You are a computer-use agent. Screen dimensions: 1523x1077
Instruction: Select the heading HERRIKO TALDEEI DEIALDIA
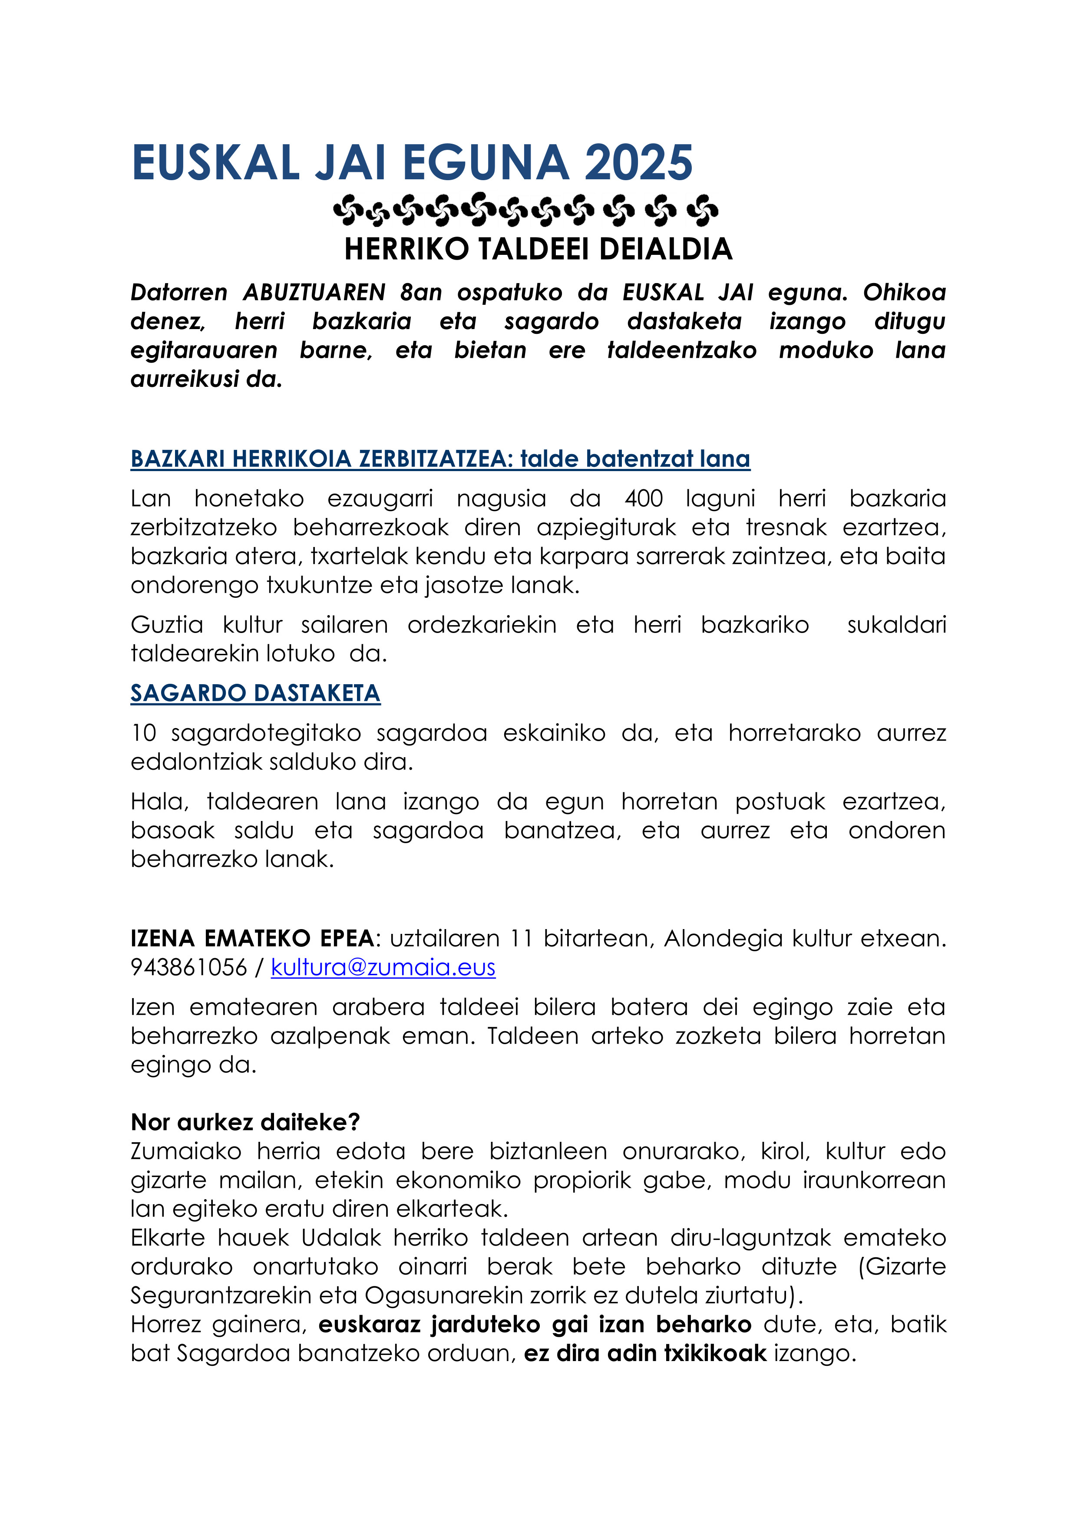click(538, 249)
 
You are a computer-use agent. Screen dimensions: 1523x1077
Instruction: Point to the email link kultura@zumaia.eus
click(383, 967)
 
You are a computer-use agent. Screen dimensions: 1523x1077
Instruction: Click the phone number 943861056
click(188, 967)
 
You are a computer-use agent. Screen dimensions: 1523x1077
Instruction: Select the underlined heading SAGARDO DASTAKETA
click(255, 693)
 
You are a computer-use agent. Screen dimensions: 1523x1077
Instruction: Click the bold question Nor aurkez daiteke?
click(245, 1122)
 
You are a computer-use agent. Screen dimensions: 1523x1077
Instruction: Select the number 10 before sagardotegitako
click(143, 733)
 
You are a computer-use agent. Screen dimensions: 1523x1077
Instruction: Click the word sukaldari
click(896, 625)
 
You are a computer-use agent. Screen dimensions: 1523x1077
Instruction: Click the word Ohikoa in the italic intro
click(904, 293)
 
